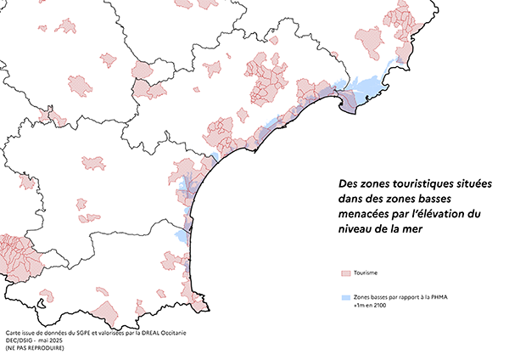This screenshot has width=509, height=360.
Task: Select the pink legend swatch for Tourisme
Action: [344, 273]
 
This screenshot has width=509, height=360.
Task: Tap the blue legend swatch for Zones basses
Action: [344, 298]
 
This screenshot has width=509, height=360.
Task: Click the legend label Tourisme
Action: [366, 273]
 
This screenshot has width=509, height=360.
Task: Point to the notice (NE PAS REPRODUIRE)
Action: [34, 347]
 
